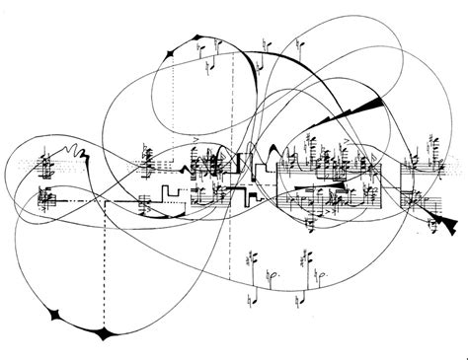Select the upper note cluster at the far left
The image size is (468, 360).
click(45, 161)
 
